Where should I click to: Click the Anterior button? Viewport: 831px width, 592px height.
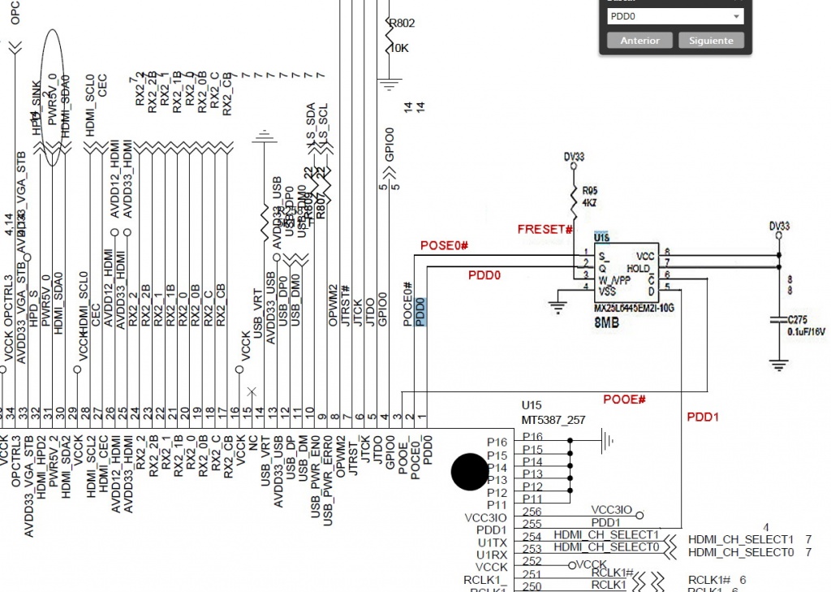[639, 41]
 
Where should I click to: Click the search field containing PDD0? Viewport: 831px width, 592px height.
[674, 16]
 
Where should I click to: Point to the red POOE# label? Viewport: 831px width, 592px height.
[624, 400]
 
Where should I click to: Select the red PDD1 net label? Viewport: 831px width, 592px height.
[703, 417]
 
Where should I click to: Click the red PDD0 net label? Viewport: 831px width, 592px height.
[484, 275]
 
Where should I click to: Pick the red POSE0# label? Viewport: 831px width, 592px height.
[445, 245]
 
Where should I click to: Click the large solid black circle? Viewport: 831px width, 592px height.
[469, 472]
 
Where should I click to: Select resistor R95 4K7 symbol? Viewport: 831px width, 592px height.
[576, 197]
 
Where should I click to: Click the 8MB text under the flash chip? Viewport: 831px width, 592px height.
[609, 322]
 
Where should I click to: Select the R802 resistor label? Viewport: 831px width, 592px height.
[403, 24]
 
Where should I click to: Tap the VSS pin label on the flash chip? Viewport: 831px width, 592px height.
[608, 290]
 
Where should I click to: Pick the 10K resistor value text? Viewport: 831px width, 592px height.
[399, 49]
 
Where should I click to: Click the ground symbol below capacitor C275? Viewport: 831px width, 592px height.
[779, 365]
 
